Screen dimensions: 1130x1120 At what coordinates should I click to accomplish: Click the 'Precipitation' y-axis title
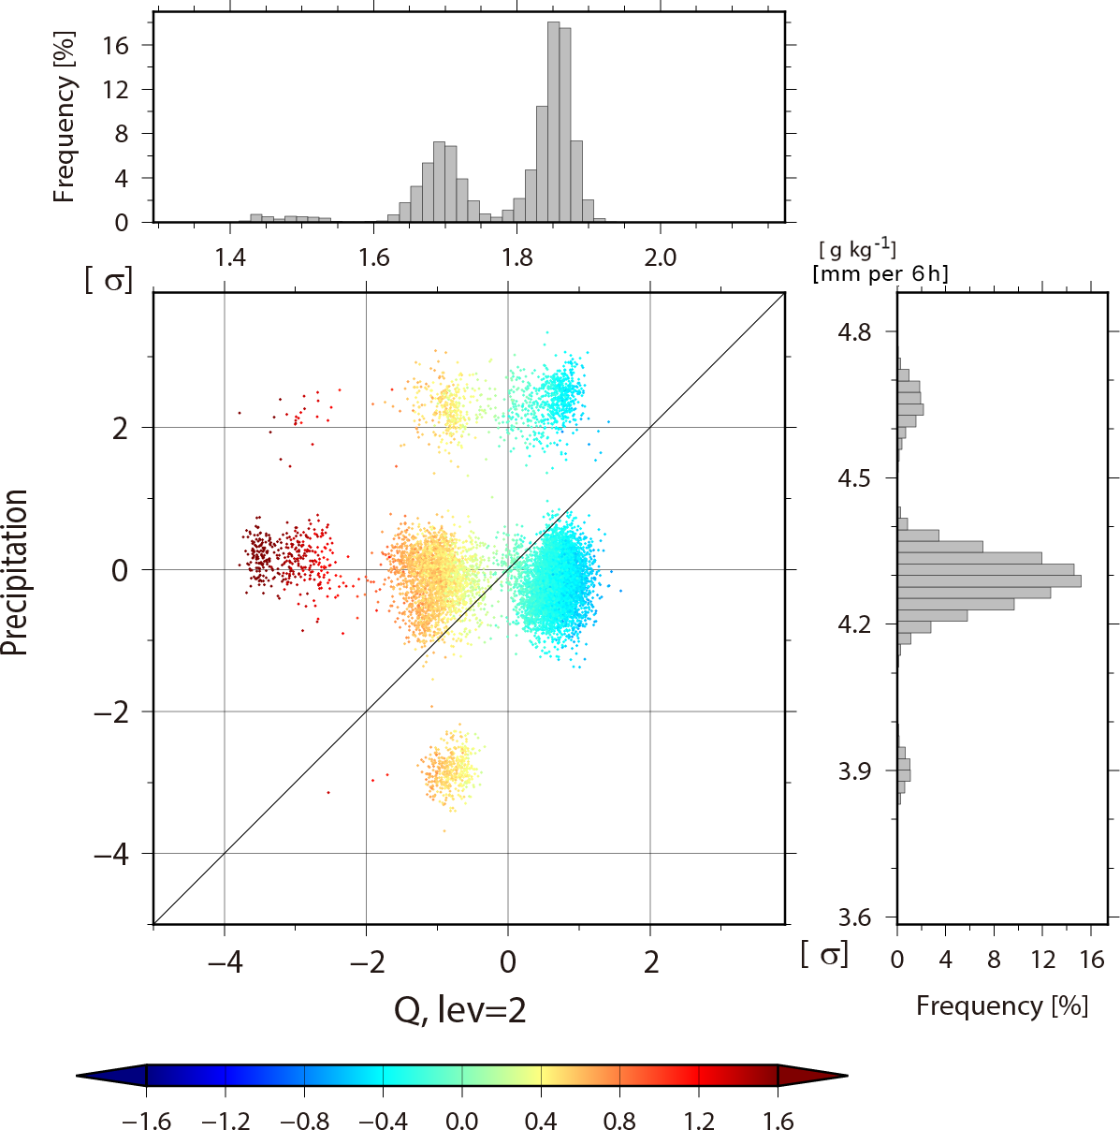click(16, 572)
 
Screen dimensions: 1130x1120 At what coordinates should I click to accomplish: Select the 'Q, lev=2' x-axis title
click(460, 1009)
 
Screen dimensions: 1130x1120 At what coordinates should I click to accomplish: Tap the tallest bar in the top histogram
click(553, 122)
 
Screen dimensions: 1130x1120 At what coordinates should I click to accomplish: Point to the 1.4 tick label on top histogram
click(230, 257)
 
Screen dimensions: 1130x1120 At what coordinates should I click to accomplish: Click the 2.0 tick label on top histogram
click(661, 257)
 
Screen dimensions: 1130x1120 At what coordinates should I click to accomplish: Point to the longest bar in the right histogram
click(989, 580)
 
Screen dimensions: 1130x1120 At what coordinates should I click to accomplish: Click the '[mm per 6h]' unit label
click(880, 274)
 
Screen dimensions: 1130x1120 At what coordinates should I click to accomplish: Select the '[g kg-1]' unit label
click(857, 250)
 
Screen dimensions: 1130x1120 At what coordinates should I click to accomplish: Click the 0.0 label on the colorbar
click(461, 1121)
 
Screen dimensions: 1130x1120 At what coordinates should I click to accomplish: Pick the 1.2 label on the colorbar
click(699, 1121)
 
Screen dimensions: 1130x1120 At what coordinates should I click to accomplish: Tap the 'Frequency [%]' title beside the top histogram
click(64, 117)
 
